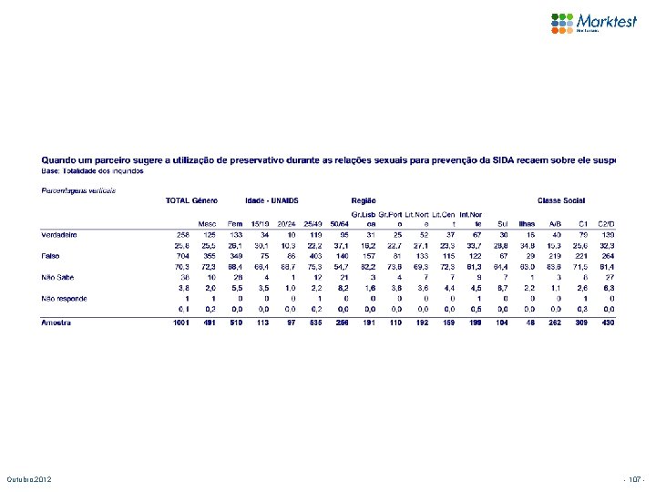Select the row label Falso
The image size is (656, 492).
click(x=51, y=257)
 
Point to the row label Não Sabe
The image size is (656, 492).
click(x=56, y=277)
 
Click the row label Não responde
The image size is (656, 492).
click(x=63, y=298)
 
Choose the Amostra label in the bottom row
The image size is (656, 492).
click(x=56, y=323)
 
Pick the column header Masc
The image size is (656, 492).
click(x=208, y=223)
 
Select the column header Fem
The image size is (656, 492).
click(x=235, y=223)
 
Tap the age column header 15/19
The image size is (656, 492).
click(x=261, y=223)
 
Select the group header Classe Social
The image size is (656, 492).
click(x=561, y=200)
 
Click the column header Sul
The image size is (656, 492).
click(x=503, y=223)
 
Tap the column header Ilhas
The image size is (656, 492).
click(x=527, y=223)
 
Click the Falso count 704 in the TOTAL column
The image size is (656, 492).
click(x=181, y=257)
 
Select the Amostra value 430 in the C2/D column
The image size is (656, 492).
click(x=609, y=323)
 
